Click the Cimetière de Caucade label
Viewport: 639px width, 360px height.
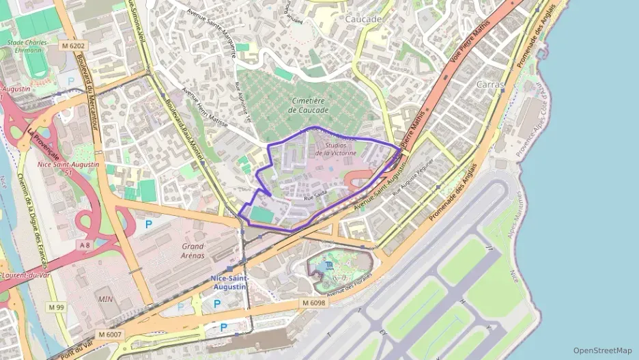pos(308,105)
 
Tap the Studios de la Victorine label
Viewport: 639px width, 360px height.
pos(341,149)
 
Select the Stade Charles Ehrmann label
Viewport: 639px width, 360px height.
pos(27,46)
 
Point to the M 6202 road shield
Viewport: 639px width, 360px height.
pos(73,46)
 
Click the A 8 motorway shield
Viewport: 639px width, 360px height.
pos(85,245)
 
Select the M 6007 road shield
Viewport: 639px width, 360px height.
pos(109,334)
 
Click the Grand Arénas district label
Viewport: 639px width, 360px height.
pos(193,251)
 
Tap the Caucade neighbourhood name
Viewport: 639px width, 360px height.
pos(363,19)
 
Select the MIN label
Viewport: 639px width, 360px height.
pos(106,299)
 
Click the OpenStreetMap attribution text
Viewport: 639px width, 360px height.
pos(602,350)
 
